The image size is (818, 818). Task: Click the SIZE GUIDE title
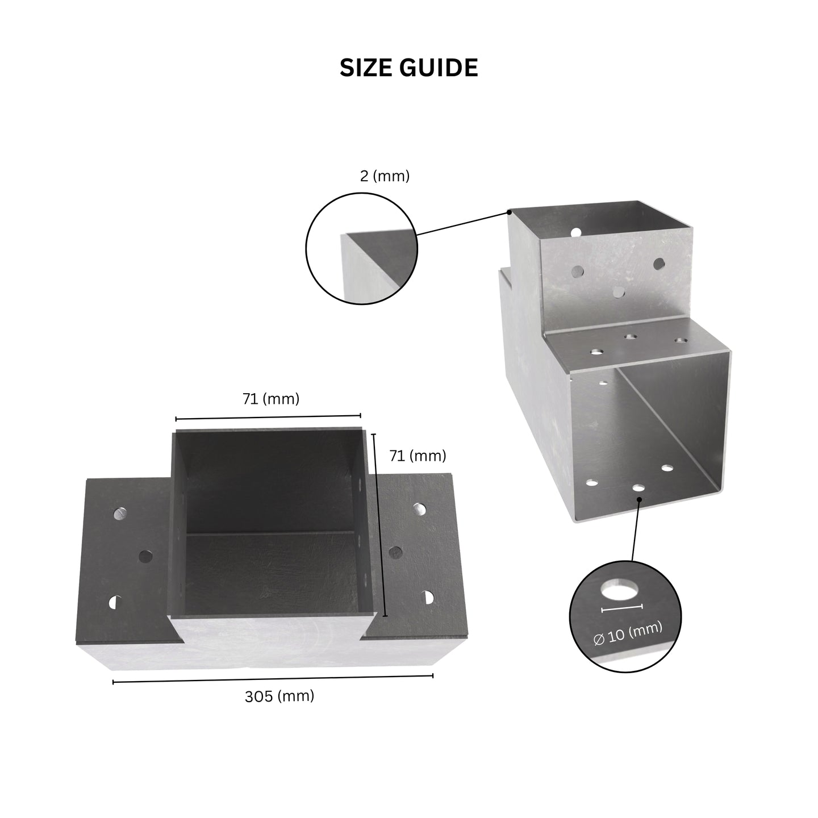[x=409, y=68]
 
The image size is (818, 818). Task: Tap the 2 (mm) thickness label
[x=385, y=176]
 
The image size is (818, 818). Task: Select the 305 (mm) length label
[x=279, y=696]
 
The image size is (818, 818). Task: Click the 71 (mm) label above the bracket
[x=271, y=399]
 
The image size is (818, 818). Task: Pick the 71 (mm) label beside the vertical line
[x=418, y=456]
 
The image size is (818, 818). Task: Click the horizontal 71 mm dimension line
[x=268, y=418]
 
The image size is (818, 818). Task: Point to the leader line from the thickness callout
[x=463, y=223]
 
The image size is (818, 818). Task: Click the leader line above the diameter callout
[x=636, y=530]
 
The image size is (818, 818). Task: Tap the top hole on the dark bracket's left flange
[x=120, y=514]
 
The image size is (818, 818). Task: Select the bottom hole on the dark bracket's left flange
[x=115, y=602]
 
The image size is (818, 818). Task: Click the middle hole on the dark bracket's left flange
[x=145, y=556]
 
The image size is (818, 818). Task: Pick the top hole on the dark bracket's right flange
[x=419, y=508]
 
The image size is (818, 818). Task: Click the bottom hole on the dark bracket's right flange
[x=428, y=597]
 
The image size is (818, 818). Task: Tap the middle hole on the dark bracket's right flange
[x=395, y=552]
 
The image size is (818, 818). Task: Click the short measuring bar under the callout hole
[x=622, y=608]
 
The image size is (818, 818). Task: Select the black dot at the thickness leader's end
[x=510, y=211]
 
